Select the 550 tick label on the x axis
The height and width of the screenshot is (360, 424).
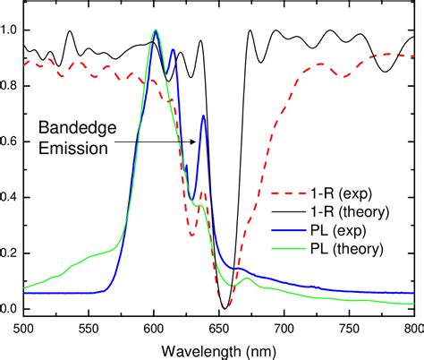[89, 327]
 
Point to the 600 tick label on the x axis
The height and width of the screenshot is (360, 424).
[154, 327]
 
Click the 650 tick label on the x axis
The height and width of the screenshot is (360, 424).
[219, 327]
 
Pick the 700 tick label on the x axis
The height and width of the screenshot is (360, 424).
[284, 327]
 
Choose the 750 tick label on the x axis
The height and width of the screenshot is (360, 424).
[350, 327]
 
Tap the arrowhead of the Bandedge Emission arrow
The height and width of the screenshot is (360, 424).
[199, 141]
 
